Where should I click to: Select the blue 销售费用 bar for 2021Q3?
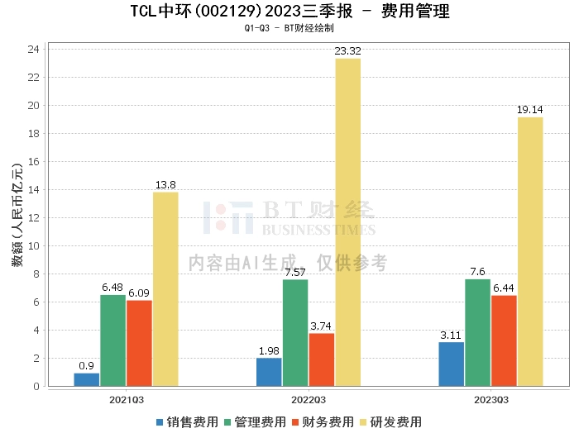(86, 379)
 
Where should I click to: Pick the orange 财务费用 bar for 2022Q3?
(321, 359)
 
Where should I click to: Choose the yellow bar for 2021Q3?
(165, 288)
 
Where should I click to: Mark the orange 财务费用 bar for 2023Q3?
(504, 340)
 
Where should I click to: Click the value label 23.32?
(347, 51)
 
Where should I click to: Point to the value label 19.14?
(530, 110)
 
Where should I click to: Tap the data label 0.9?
(86, 366)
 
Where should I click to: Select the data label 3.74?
(321, 326)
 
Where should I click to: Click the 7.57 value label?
(295, 273)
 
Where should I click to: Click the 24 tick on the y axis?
(34, 50)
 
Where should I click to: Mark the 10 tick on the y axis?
(34, 246)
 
